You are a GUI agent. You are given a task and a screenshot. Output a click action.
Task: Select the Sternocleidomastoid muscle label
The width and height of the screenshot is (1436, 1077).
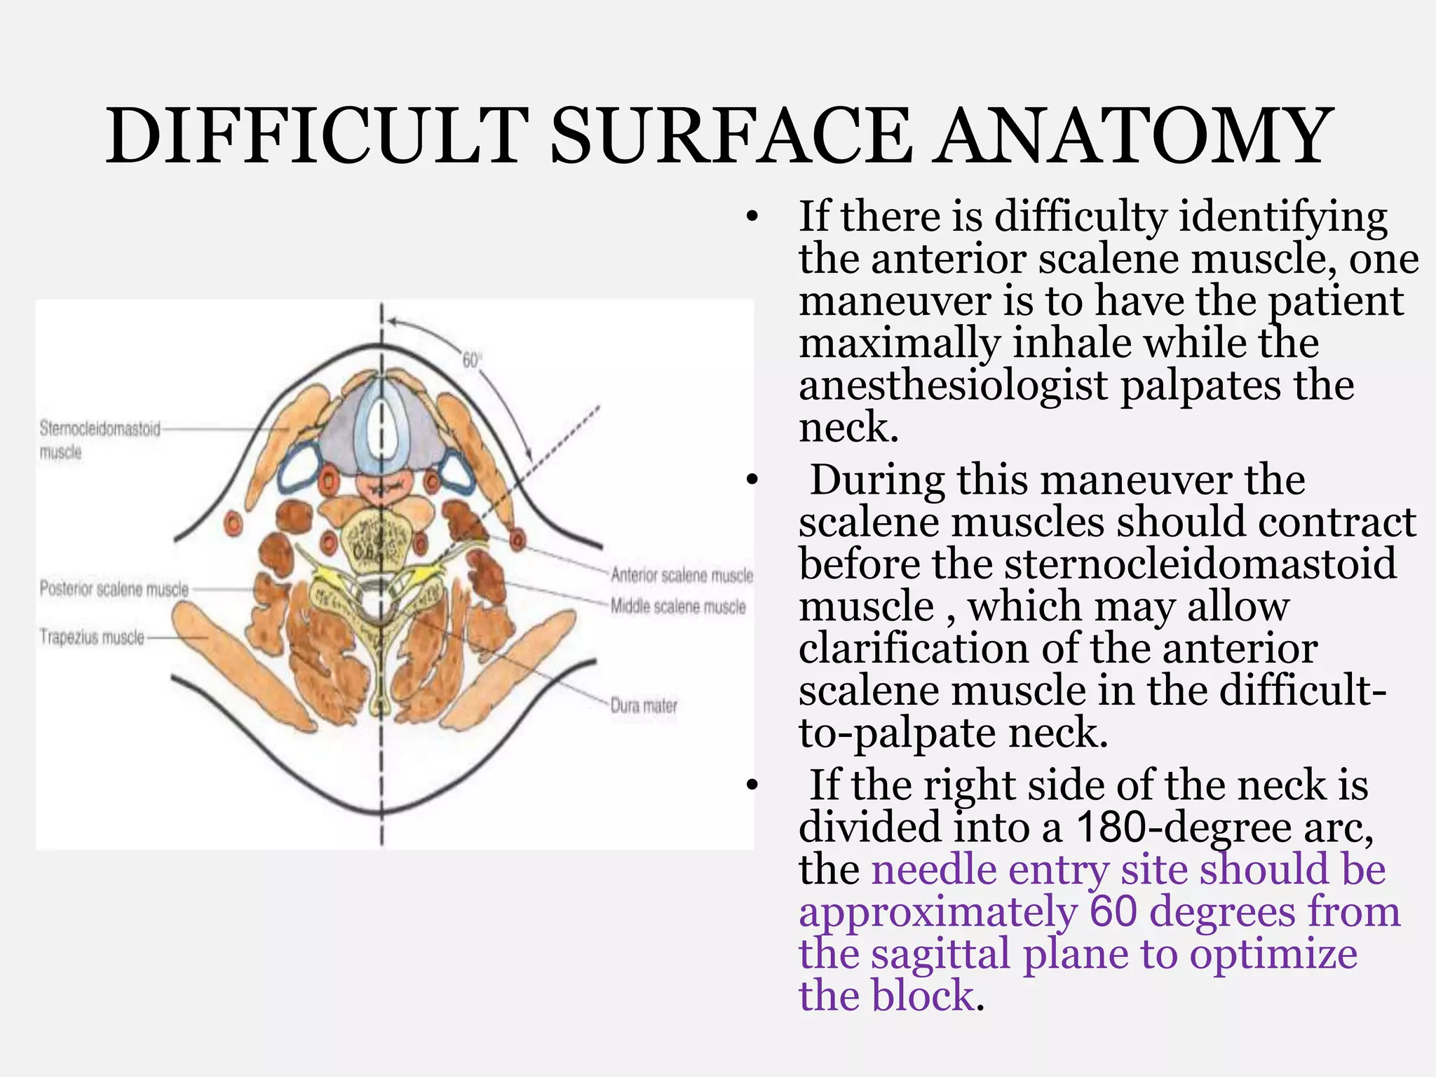[100, 439]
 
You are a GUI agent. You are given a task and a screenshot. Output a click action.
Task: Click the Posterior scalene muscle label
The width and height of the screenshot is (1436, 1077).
[114, 589]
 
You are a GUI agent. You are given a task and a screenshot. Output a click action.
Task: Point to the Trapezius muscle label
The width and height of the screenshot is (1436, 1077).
[91, 637]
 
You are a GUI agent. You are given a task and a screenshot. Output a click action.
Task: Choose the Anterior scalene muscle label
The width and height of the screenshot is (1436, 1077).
[682, 576]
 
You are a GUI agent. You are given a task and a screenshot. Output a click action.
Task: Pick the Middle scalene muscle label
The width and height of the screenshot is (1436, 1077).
[678, 607]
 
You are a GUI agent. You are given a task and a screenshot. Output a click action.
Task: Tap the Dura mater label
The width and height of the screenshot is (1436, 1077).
[644, 705]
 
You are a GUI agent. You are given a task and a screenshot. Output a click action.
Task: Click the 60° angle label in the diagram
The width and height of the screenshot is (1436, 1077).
[471, 360]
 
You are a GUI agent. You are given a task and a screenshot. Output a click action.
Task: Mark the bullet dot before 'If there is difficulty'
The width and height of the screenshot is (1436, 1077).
[752, 217]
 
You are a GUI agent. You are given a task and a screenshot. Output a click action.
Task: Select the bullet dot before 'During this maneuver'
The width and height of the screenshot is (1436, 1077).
[752, 481]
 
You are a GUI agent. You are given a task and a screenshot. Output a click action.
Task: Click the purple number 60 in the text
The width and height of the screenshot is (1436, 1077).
[1113, 912]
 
